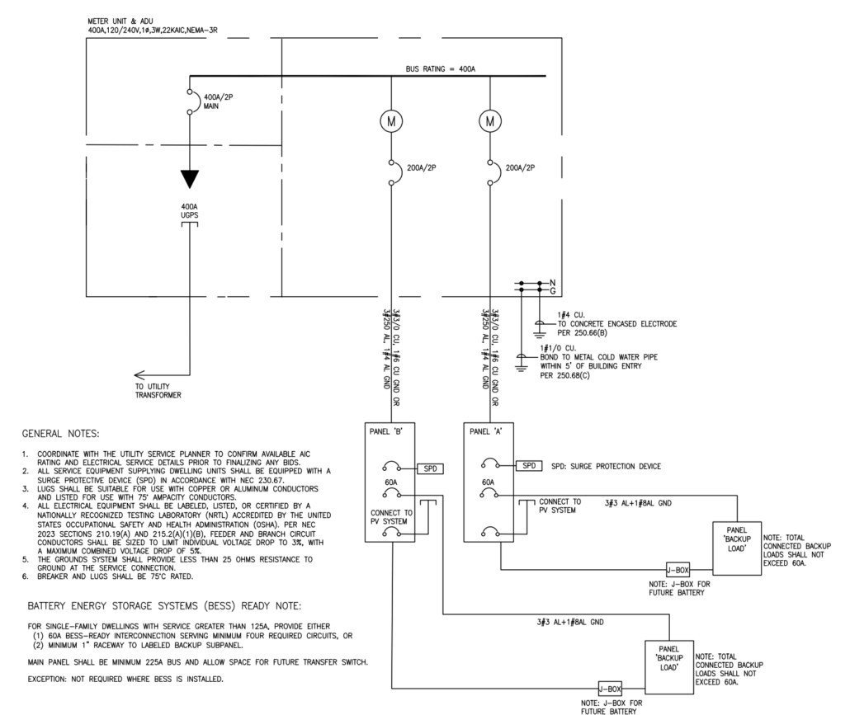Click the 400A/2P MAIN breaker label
tap(219, 101)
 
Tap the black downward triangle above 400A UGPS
tap(190, 179)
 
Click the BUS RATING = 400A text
tap(440, 68)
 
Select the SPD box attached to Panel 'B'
tap(430, 468)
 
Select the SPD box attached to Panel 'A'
tap(529, 465)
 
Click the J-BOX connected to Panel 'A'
tap(678, 570)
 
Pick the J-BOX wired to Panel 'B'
tap(610, 689)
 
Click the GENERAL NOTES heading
tap(61, 433)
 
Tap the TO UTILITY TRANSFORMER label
tap(158, 391)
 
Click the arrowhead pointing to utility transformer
tap(139, 375)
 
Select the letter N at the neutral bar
tap(552, 283)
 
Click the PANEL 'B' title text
tap(385, 431)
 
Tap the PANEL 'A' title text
tap(486, 431)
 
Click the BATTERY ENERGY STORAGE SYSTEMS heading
tap(164, 605)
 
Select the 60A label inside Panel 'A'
tap(488, 482)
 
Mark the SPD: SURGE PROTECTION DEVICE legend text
tap(606, 466)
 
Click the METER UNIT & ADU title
tap(120, 21)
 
